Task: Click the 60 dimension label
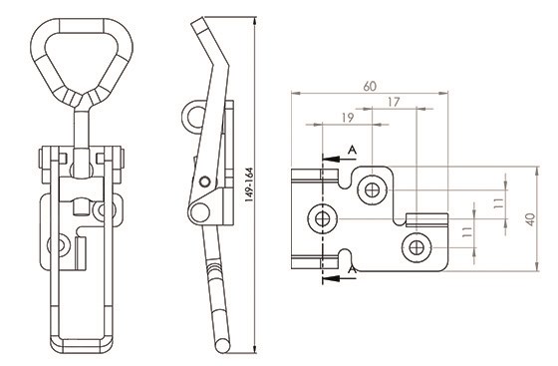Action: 370,86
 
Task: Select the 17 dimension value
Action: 394,102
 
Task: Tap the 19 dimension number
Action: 348,118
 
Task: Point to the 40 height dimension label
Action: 530,219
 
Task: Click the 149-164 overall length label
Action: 249,185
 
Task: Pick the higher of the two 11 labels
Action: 499,203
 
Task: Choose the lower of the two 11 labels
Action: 467,232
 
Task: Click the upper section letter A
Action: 352,151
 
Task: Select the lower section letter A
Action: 352,270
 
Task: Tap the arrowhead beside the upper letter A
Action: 329,159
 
